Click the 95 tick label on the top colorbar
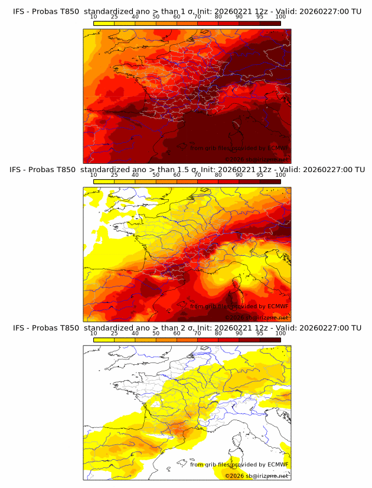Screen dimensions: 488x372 coord(260,17)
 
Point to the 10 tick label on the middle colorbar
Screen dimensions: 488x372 coord(94,174)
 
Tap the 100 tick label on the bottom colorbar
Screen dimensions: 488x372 coord(280,333)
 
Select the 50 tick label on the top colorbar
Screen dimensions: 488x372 coord(156,17)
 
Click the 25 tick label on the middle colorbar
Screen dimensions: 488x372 coord(115,174)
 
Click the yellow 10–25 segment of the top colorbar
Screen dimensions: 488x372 coord(105,22)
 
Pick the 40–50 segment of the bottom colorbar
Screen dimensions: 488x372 coord(145,339)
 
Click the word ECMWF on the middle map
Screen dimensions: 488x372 coord(278,306)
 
